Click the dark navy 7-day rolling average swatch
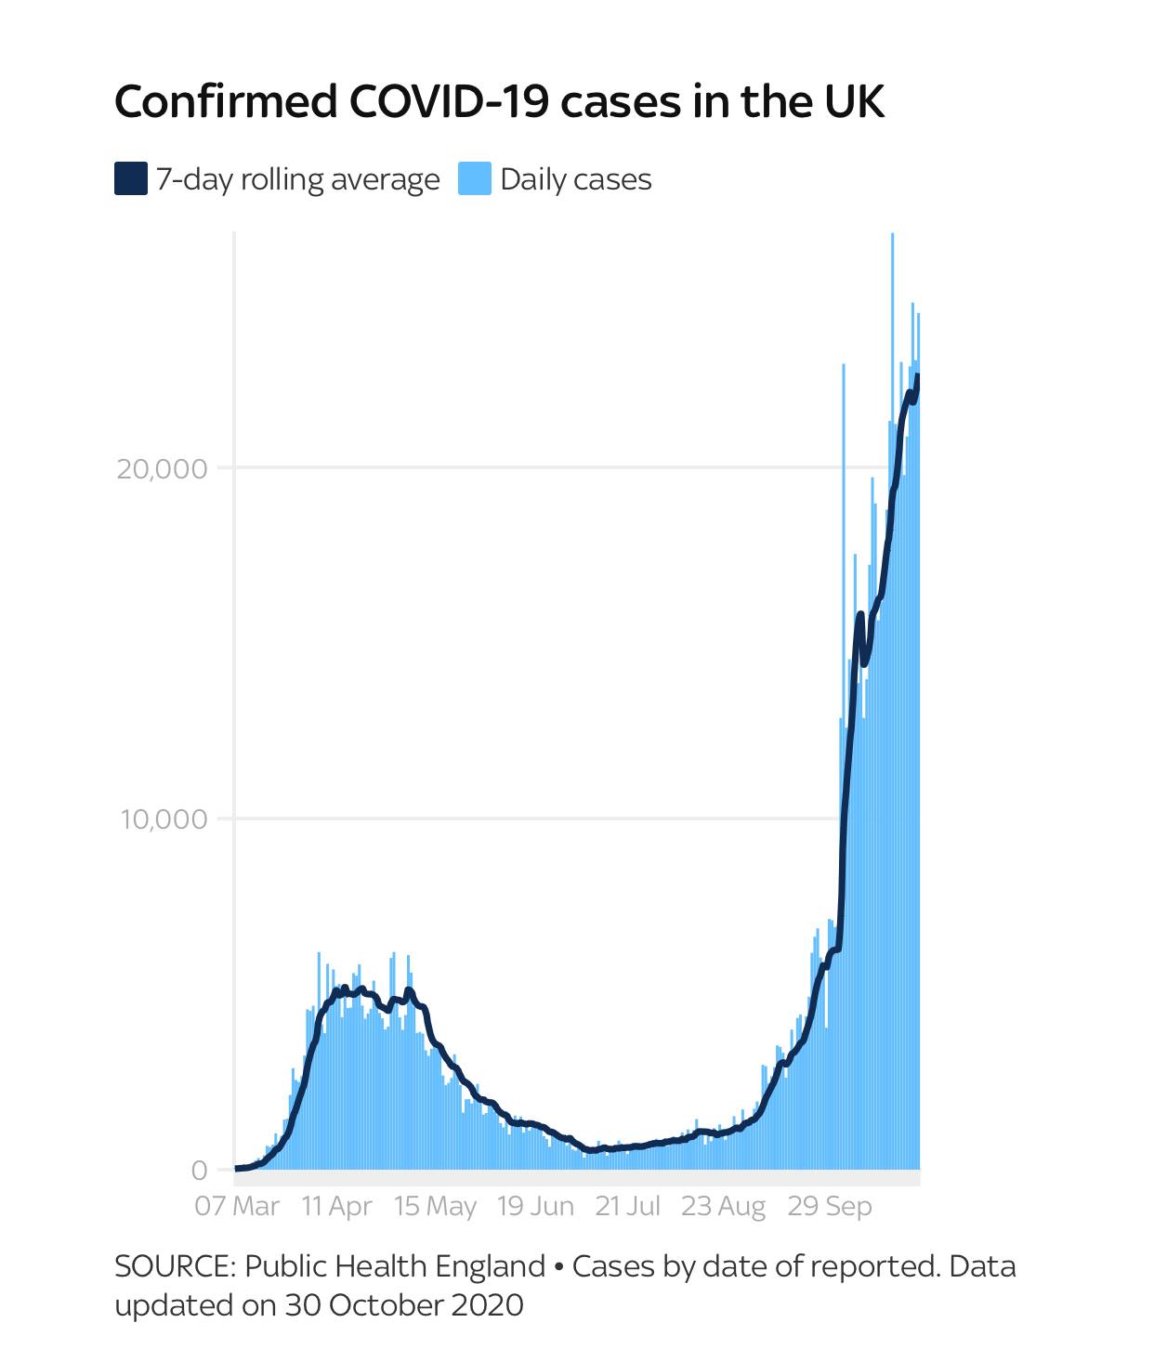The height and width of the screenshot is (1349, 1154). coord(131,178)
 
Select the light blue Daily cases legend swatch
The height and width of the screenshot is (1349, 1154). coord(474,178)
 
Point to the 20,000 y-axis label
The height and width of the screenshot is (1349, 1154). coord(162,468)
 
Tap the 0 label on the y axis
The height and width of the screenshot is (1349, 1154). coord(200,1171)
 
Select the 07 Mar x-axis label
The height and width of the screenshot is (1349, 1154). coord(237,1207)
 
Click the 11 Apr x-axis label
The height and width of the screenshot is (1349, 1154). coord(336,1207)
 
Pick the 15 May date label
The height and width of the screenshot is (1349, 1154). coord(435,1207)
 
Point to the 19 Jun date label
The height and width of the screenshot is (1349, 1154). coord(535,1207)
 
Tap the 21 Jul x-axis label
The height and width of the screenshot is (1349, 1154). coord(627,1207)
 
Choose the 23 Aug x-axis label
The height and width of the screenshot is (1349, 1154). coord(723,1207)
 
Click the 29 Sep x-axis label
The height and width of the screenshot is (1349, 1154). coord(830,1207)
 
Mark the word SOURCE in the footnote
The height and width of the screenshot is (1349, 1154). coord(173,1267)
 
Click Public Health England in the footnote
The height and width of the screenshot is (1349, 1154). coord(395,1267)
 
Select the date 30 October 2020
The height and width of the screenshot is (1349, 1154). coord(404,1305)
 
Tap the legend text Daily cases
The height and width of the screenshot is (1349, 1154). coord(576,179)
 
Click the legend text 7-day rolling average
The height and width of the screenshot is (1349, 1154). coord(297,179)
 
